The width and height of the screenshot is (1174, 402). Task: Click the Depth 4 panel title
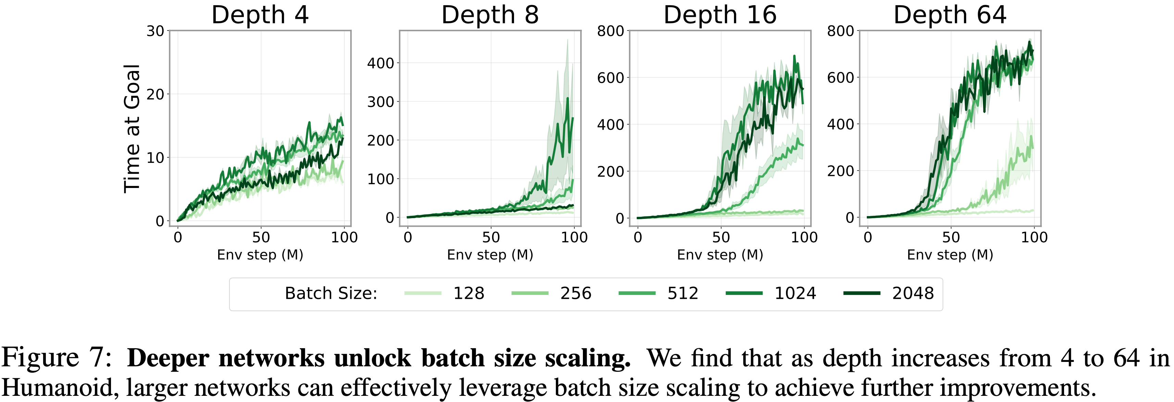pyautogui.click(x=260, y=15)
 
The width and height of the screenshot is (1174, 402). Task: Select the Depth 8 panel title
pyautogui.click(x=490, y=15)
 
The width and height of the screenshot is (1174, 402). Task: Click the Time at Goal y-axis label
pyautogui.click(x=132, y=129)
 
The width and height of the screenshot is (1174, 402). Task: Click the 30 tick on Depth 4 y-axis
pyautogui.click(x=155, y=31)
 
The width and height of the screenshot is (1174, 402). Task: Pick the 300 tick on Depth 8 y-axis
pyautogui.click(x=381, y=102)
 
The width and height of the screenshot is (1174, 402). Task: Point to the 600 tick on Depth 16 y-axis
pyautogui.click(x=610, y=78)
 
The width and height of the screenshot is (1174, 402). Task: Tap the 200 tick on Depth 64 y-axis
pyautogui.click(x=840, y=171)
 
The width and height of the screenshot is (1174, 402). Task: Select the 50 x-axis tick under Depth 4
pyautogui.click(x=261, y=237)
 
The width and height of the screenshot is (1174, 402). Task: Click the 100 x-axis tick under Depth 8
pyautogui.click(x=574, y=237)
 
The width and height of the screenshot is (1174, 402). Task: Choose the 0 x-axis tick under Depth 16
pyautogui.click(x=638, y=237)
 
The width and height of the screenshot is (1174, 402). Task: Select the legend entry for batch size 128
pyautogui.click(x=469, y=293)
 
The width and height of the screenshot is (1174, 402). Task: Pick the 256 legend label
pyautogui.click(x=576, y=293)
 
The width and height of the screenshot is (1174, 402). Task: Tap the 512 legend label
pyautogui.click(x=683, y=293)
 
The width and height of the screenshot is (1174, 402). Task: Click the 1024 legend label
pyautogui.click(x=795, y=293)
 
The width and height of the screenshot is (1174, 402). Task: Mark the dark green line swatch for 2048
pyautogui.click(x=862, y=293)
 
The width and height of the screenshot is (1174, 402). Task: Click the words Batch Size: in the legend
pyautogui.click(x=331, y=293)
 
